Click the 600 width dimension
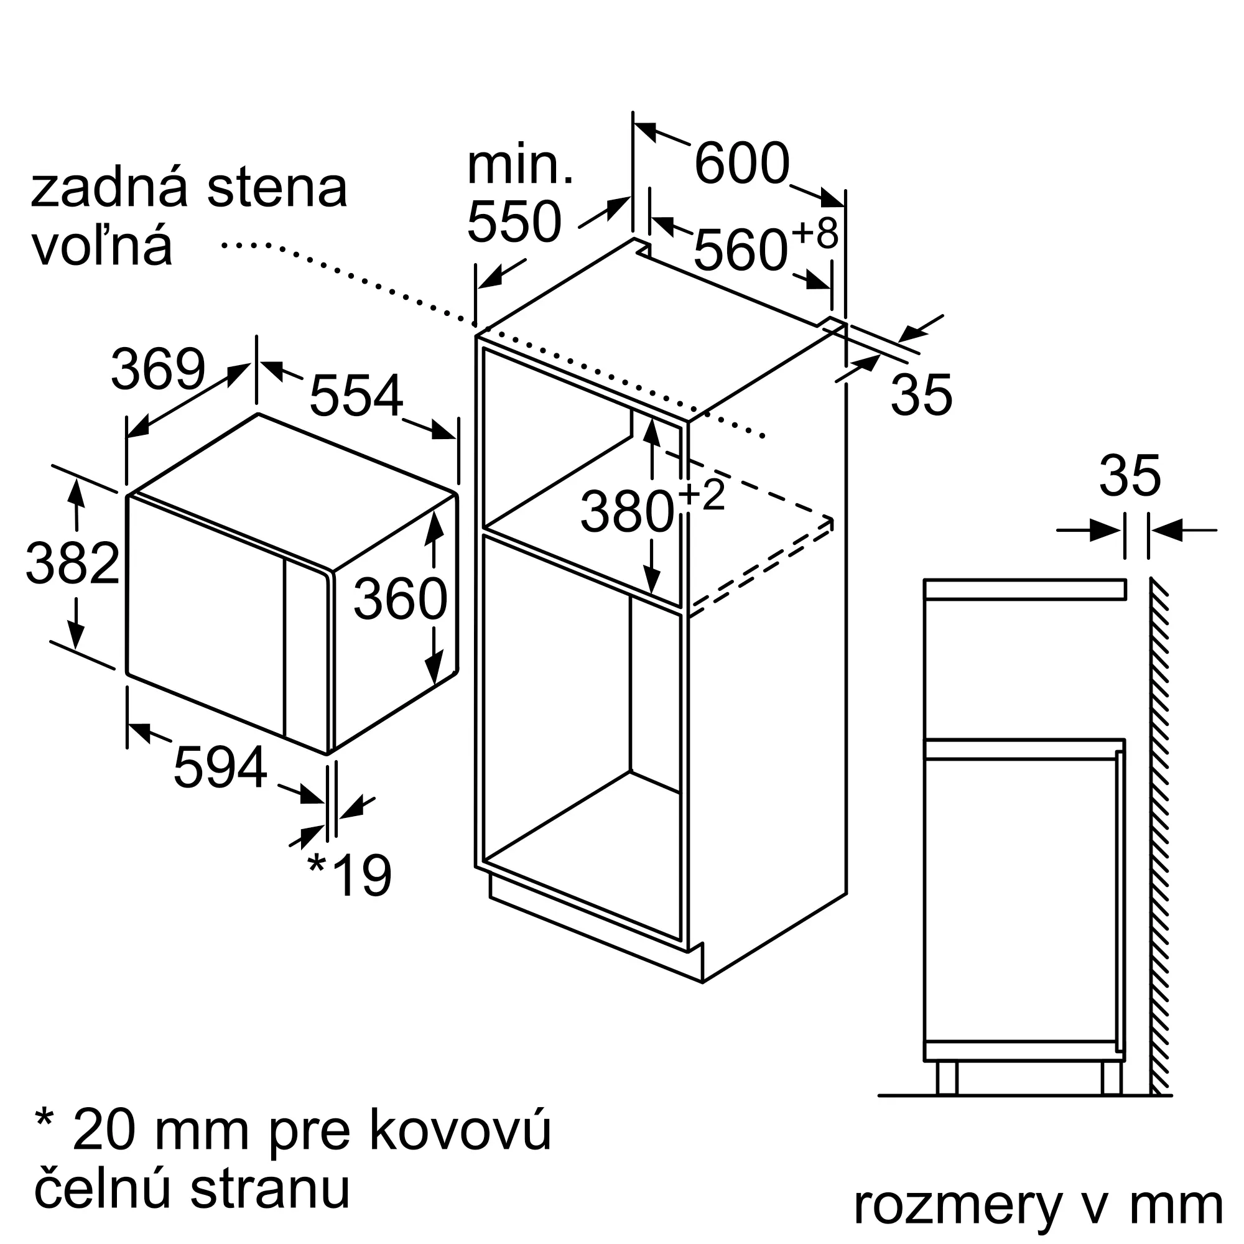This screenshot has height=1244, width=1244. coord(742,164)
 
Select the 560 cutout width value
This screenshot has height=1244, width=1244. coord(740,251)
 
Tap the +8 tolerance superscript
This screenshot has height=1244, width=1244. coord(815,233)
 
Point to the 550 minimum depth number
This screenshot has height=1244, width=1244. coord(514,222)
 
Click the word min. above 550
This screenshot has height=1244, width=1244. coord(519,165)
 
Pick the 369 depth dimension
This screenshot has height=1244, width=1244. coord(159,369)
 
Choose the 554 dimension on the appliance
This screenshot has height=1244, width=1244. coord(356,396)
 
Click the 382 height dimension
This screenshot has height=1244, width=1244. coord(73,564)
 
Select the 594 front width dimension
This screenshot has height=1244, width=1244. coord(220,767)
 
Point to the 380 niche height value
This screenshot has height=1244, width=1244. coord(627,513)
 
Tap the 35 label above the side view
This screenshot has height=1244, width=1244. coord(1130,476)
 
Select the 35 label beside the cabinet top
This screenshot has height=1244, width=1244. coord(921,395)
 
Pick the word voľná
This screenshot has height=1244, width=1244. coord(103,246)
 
